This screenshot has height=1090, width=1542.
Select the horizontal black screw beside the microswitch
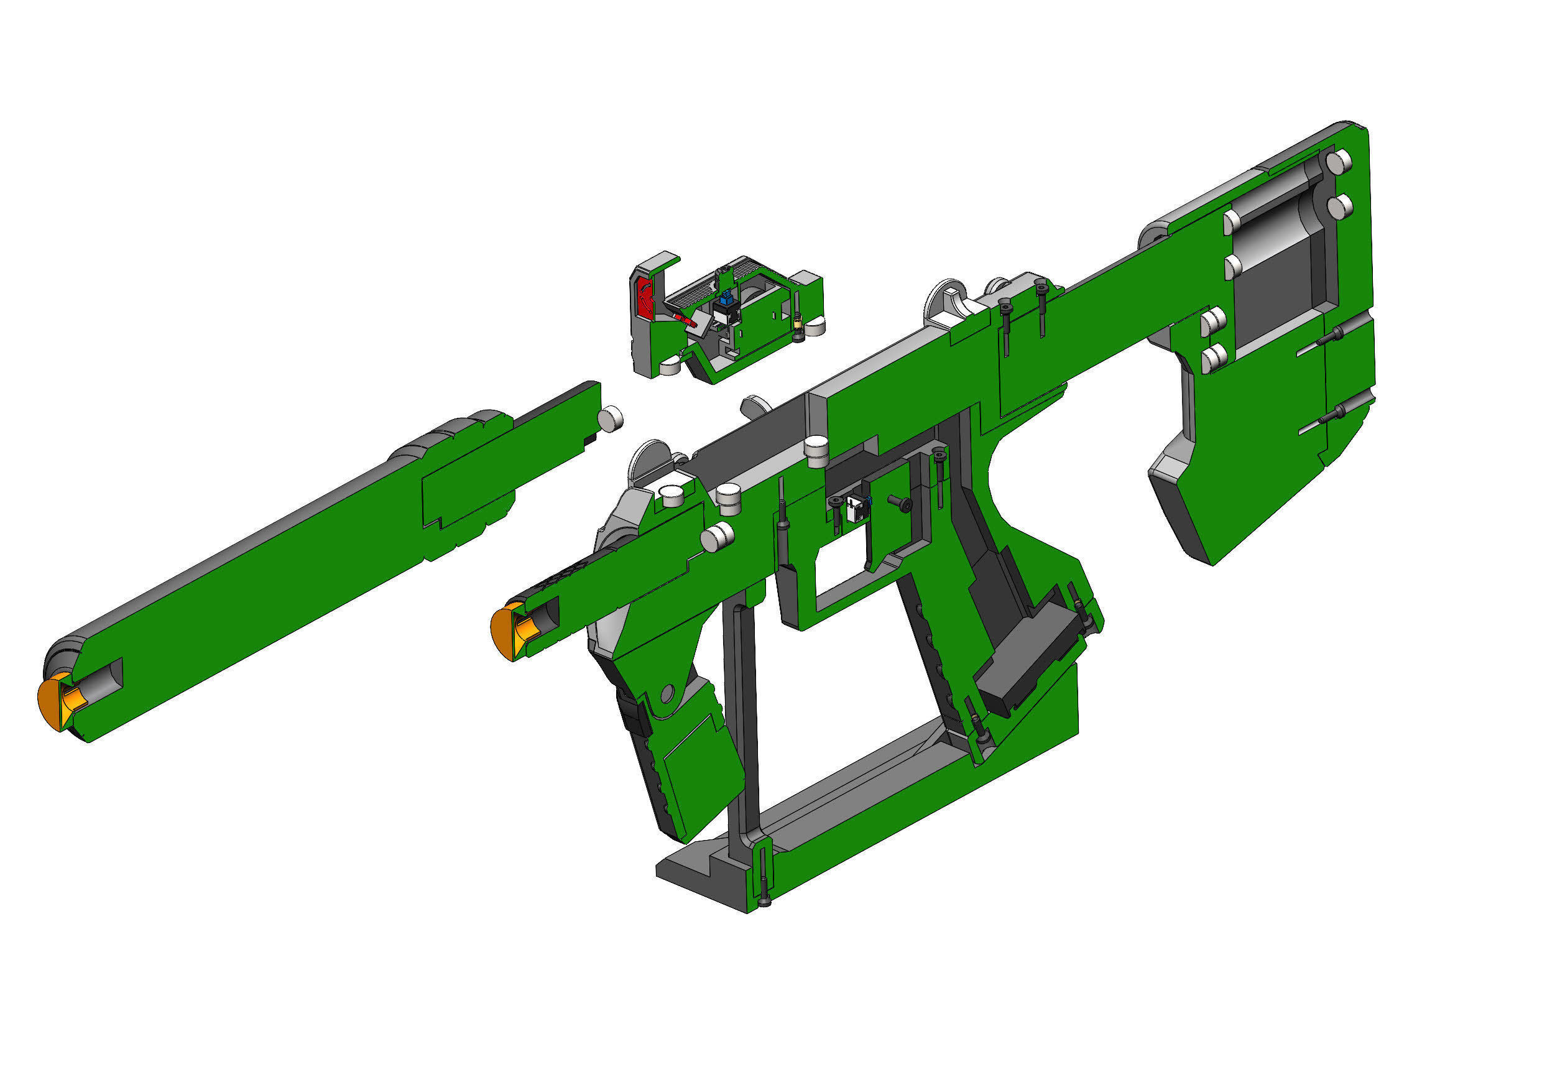pyautogui.click(x=900, y=502)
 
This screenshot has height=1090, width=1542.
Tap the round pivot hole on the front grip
pyautogui.click(x=667, y=693)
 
